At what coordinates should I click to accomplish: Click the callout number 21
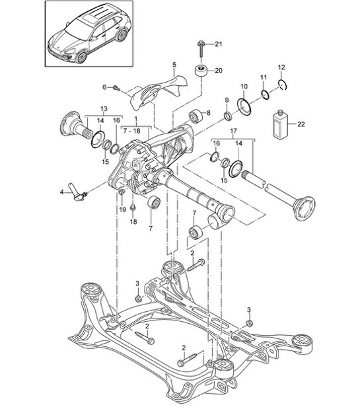(219, 44)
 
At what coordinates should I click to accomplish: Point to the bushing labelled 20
(199, 71)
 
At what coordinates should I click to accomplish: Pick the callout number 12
(281, 67)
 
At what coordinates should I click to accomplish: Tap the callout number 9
(227, 100)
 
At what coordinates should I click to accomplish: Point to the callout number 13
(102, 108)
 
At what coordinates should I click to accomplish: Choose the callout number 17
(233, 132)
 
